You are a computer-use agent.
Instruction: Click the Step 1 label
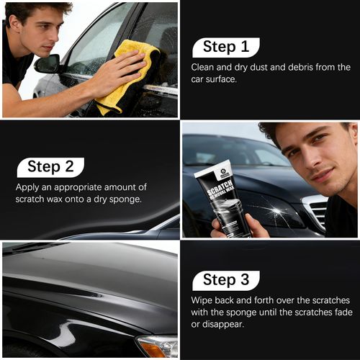coord(225,48)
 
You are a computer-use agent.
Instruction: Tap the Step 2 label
coord(50,167)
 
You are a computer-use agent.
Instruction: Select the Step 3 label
coord(225,280)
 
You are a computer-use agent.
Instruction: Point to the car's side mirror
coord(48,64)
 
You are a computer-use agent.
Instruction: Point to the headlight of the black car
coord(157,346)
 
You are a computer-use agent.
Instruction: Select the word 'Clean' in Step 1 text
coord(204,67)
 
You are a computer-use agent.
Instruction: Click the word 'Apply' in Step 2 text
coord(28,186)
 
